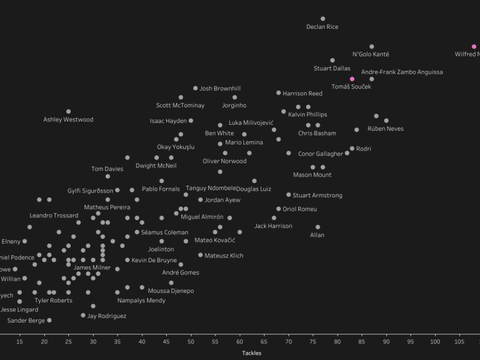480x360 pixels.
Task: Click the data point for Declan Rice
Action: tap(323, 19)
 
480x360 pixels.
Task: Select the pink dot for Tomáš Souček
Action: tap(352, 79)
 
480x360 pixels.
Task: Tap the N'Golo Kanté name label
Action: tap(371, 55)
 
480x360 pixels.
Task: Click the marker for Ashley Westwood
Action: tap(68, 112)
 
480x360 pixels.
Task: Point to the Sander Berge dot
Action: tap(49, 320)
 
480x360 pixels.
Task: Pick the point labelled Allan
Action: tap(318, 227)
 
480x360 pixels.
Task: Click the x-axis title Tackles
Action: tap(251, 353)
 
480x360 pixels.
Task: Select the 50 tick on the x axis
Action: tap(191, 342)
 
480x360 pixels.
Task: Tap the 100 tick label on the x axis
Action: tap(435, 342)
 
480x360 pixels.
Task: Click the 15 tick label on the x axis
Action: tap(20, 342)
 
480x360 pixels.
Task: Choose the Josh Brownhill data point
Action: tap(196, 88)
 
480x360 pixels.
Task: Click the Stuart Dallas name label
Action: tap(332, 68)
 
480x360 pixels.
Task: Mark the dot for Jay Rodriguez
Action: tap(83, 316)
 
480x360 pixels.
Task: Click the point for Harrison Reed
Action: tap(279, 93)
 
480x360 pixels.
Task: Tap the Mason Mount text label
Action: tap(312, 175)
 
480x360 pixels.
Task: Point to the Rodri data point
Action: tap(352, 149)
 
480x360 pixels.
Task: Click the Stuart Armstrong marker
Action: tap(289, 195)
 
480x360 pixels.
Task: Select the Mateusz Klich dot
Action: tap(200, 255)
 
